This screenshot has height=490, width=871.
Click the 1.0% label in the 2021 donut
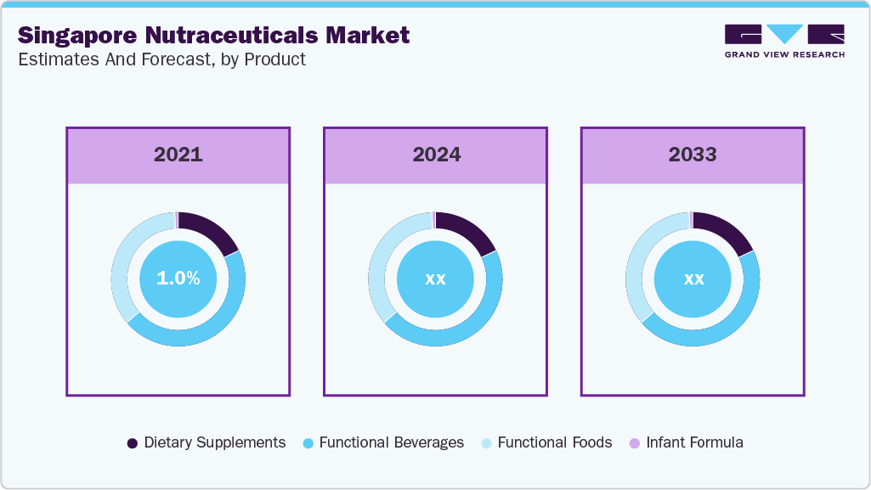coord(178,278)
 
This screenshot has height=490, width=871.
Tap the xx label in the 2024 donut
coord(435,279)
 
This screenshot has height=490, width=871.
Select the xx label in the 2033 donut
coord(693,279)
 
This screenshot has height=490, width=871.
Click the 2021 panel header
coord(178,155)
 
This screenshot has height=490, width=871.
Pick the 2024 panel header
coord(436,155)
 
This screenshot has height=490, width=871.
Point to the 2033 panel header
coord(693,155)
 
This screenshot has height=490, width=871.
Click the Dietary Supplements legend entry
coord(206,442)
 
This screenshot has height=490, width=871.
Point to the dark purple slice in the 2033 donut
coord(726,230)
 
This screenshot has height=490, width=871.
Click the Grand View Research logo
coord(784,41)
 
